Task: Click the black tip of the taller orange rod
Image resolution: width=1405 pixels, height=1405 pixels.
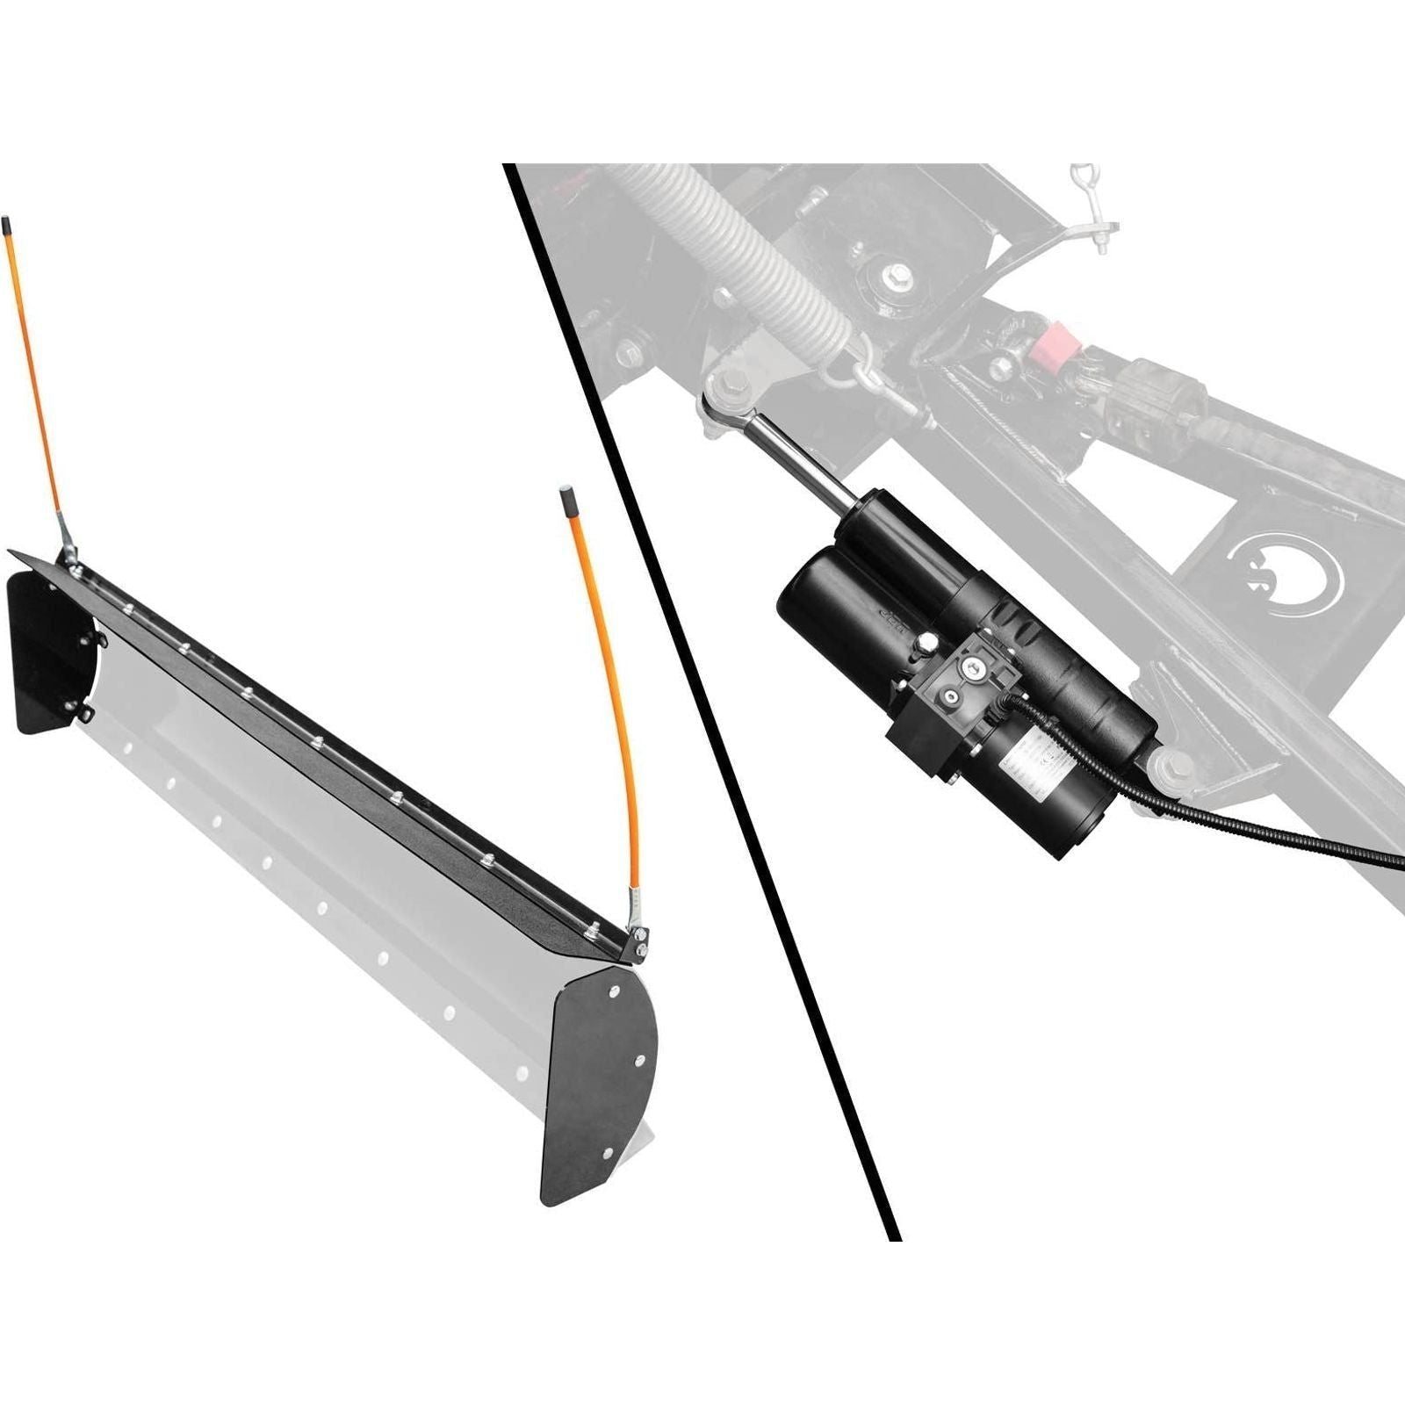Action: (x=7, y=229)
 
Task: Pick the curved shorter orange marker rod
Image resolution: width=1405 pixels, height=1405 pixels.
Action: (x=610, y=702)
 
